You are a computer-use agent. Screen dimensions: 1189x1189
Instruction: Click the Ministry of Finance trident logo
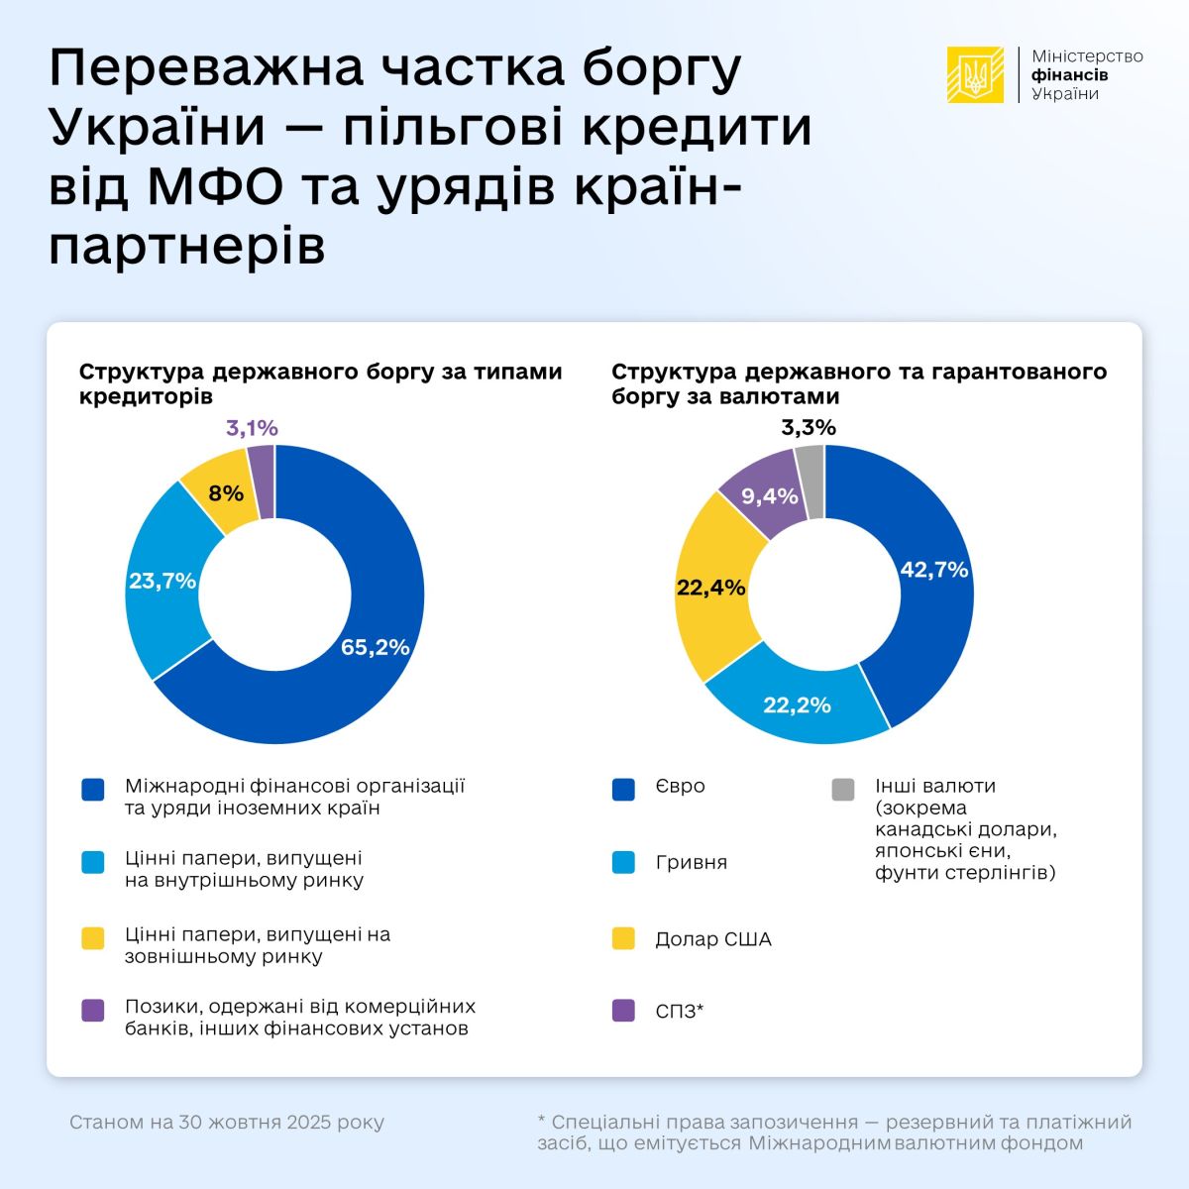(975, 75)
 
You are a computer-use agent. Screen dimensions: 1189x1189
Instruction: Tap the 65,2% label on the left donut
(375, 647)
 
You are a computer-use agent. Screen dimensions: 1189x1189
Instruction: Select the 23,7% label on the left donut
(162, 581)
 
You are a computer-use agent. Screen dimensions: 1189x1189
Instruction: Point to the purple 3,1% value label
(252, 428)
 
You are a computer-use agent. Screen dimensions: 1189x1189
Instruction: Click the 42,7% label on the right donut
(933, 570)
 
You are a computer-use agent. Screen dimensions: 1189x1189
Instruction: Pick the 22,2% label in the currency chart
(797, 705)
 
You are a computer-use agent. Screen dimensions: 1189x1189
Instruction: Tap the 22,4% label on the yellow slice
(710, 588)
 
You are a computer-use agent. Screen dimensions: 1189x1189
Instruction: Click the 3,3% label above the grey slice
(809, 428)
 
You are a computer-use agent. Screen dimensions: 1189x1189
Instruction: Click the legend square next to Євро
(623, 789)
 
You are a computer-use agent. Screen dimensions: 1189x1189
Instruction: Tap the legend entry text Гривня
(691, 862)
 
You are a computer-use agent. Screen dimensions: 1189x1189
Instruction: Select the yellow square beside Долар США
(623, 938)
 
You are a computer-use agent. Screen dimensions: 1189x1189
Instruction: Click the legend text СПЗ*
(679, 1012)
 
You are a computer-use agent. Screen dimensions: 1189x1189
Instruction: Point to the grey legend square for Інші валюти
(843, 789)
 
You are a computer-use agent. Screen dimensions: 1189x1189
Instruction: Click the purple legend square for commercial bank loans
(93, 1010)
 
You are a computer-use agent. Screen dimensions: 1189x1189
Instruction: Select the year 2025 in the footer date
(309, 1123)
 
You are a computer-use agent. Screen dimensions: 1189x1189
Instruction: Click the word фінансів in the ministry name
(1069, 75)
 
